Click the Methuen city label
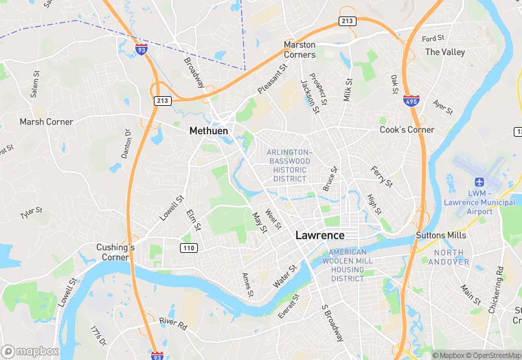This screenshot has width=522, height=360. [x=209, y=130]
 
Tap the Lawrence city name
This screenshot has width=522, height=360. [x=319, y=235]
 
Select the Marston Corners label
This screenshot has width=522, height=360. [x=299, y=49]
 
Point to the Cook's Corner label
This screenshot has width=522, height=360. [x=407, y=130]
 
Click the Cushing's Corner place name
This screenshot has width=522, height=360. [x=115, y=252]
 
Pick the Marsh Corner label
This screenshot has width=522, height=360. [x=46, y=122]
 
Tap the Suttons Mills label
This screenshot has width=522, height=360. [x=440, y=235]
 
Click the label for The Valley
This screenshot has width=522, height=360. [x=444, y=52]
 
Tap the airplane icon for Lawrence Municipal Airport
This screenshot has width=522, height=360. [x=479, y=182]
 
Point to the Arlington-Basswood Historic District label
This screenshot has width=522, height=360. [x=289, y=165]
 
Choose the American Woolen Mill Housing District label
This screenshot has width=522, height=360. [x=347, y=266]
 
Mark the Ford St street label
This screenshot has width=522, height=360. [x=433, y=39]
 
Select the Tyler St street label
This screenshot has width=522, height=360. [x=32, y=213]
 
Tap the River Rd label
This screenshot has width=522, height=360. [x=172, y=324]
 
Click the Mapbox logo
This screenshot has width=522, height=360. [x=30, y=351]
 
